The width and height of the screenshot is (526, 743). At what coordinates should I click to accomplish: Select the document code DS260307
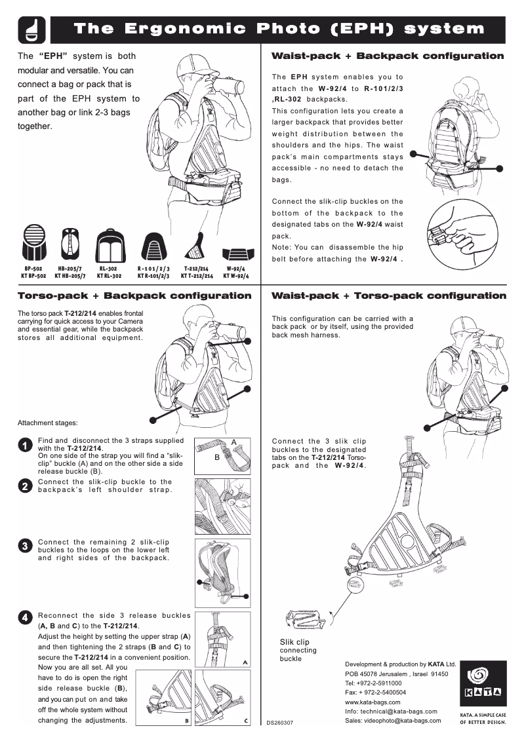coord(280,723)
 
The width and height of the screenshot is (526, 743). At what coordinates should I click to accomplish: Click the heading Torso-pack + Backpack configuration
coord(134,296)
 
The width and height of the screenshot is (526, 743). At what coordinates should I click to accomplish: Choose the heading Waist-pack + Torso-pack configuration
coord(388,296)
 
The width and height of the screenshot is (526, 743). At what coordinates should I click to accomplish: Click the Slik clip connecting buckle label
coord(298,650)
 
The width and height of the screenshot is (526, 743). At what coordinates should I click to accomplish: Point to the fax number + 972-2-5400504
coord(375,692)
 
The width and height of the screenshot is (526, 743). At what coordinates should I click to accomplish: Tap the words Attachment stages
coord(47,423)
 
